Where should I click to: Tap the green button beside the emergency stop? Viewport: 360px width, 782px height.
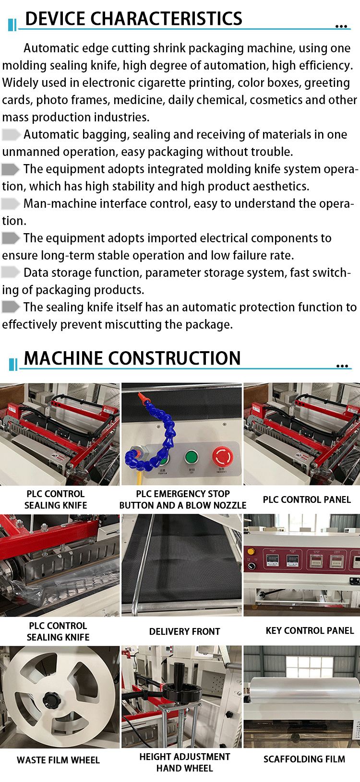pos(191,457)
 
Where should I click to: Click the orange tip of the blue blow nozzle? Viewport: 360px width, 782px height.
pos(141,395)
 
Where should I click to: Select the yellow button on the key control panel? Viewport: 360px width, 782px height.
pos(251,551)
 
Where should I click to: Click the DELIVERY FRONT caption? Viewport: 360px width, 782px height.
pos(184,631)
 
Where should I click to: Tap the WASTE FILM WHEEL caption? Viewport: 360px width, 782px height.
pos(58,760)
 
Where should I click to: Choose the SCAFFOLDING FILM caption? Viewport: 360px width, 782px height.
pos(304,759)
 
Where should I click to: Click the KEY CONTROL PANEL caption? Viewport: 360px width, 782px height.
pos(310,630)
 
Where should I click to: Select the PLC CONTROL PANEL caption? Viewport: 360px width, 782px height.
pos(307,499)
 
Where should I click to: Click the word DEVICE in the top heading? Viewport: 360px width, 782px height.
pos(55,19)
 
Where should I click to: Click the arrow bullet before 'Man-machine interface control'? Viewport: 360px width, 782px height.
pos(11,203)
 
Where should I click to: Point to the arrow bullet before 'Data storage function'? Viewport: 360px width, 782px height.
pos(11,273)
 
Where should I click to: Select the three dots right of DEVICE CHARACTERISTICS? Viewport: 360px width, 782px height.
pos(341,26)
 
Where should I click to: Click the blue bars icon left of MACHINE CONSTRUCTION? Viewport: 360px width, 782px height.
pos(13,364)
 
